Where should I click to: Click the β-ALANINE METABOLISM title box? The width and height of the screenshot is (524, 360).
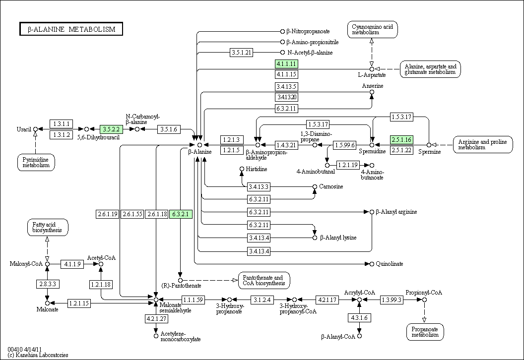click(71, 29)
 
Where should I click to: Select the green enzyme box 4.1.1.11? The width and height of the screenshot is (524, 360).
click(286, 64)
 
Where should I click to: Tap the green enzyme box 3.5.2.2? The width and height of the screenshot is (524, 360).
click(111, 129)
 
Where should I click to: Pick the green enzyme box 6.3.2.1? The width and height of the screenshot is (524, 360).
click(181, 214)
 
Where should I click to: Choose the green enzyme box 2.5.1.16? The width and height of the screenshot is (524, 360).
click(401, 140)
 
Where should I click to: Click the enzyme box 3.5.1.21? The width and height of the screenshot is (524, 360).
click(241, 53)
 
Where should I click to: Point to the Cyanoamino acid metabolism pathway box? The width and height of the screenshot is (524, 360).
click(372, 30)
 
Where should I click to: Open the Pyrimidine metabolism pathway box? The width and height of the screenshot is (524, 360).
click(36, 163)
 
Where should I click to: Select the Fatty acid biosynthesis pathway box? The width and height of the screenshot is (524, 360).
click(48, 228)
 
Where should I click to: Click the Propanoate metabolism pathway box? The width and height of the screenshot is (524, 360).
click(425, 332)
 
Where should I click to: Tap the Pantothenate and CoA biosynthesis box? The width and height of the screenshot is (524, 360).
click(264, 281)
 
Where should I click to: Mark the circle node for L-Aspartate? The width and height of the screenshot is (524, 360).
click(372, 69)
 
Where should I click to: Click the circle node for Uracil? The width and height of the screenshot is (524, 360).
click(35, 129)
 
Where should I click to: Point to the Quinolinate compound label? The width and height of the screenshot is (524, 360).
click(390, 264)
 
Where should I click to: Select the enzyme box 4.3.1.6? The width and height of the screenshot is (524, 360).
click(359, 317)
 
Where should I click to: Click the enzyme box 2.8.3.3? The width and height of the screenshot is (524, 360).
click(48, 284)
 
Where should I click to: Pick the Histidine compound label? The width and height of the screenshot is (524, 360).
click(257, 169)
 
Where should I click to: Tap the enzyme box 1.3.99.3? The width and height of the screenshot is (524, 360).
click(392, 300)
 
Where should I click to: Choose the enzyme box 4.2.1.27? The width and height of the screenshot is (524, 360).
click(156, 318)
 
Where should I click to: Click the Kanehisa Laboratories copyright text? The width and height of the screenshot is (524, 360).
click(38, 355)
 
